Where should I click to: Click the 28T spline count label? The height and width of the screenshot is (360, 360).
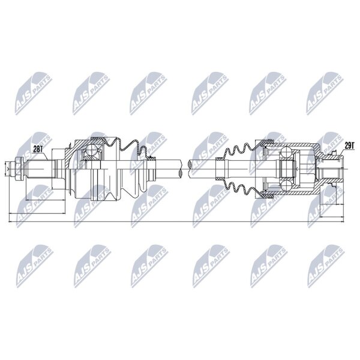[x=38, y=149]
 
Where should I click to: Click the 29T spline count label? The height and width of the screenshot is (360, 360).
[x=350, y=146]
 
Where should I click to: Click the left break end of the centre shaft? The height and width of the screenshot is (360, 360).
[x=181, y=169]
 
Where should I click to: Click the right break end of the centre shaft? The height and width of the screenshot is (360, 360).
[x=190, y=169]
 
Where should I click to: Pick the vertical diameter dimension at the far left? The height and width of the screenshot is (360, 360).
[x=5, y=169]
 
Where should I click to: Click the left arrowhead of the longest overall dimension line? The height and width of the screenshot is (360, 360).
[x=10, y=222]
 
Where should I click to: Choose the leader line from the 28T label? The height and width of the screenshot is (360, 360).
[x=46, y=157]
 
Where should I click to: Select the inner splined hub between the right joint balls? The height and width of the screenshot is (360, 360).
[x=286, y=169]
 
